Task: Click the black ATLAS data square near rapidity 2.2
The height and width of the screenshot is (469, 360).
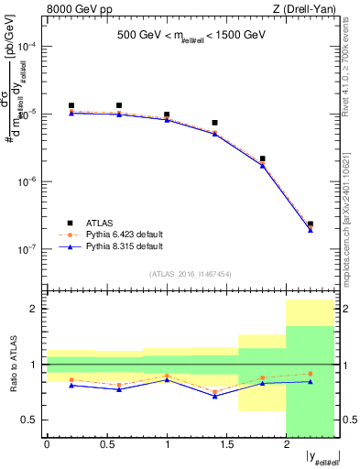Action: pos(311,224)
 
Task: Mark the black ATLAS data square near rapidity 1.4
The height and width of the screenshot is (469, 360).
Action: pos(214,122)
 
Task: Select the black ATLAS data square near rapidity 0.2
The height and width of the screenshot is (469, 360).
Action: pos(71,105)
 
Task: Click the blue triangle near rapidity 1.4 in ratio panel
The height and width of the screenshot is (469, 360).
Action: pos(214,396)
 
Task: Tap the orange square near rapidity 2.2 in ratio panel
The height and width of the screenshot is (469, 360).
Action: pos(311,373)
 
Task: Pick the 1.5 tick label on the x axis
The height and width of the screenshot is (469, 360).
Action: pos(226,444)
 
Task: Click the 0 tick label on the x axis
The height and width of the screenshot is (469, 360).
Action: pos(48,444)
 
